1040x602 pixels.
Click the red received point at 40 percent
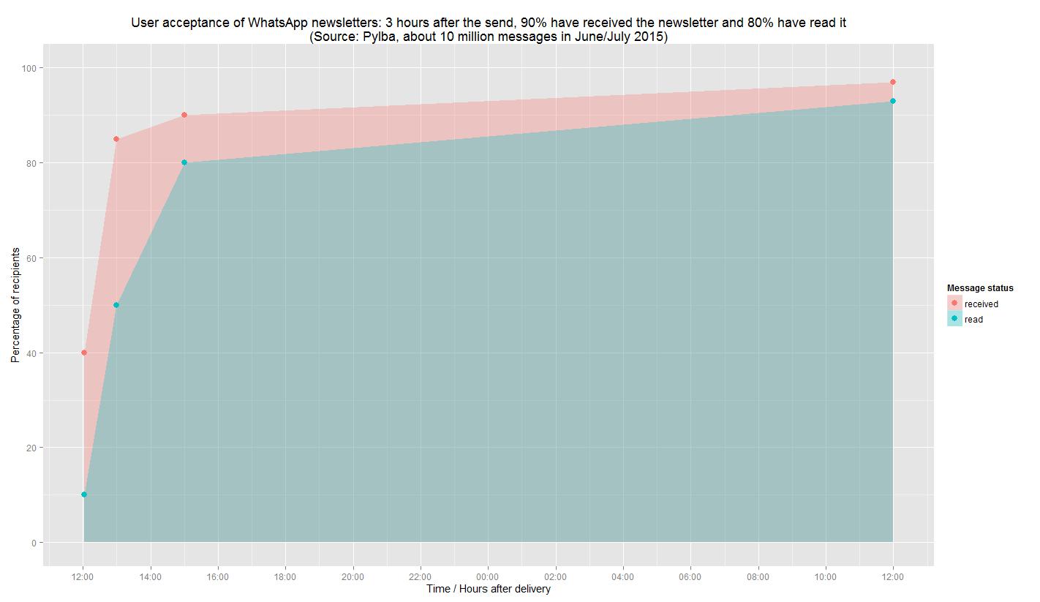click(83, 353)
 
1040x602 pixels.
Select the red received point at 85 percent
click(116, 139)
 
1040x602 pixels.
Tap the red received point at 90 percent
click(184, 115)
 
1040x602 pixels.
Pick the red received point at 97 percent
click(893, 82)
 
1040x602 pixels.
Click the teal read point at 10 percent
click(83, 494)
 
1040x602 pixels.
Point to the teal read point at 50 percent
click(116, 305)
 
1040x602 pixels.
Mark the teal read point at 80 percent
click(184, 162)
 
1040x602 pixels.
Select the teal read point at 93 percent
click(893, 101)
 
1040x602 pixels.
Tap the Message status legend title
click(979, 288)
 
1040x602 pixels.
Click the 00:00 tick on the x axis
click(488, 576)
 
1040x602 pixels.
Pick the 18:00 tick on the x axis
click(285, 576)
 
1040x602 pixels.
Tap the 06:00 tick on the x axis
click(690, 576)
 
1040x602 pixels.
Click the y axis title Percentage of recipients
click(15, 305)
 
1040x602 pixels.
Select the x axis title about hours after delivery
click(488, 589)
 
